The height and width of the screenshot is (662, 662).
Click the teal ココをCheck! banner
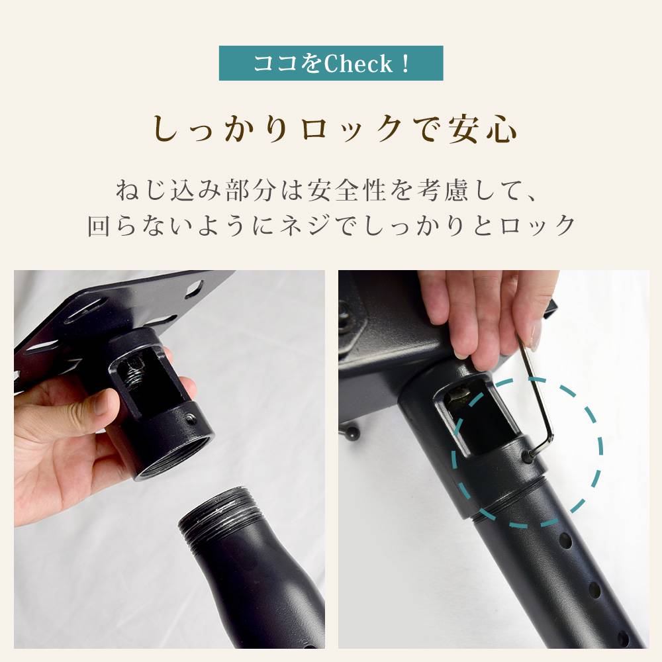pyautogui.click(x=331, y=64)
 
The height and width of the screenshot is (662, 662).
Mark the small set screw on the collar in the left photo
pyautogui.click(x=191, y=418)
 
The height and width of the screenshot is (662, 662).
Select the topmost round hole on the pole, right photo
pyautogui.click(x=566, y=542)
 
